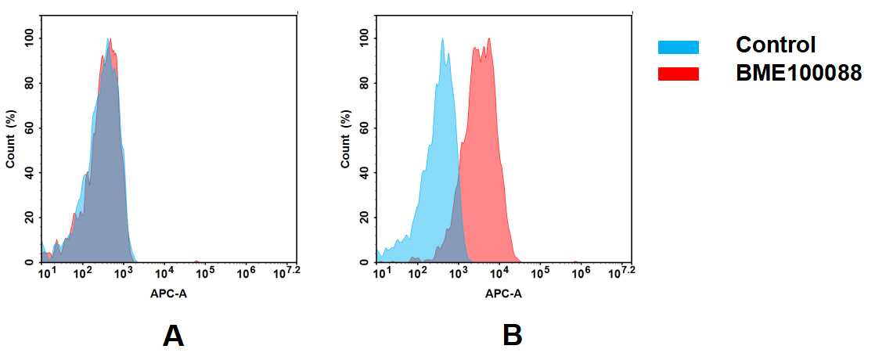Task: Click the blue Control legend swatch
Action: (678, 47)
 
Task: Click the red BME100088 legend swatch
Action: (678, 74)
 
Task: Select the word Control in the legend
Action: (776, 45)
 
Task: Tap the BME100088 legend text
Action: (798, 74)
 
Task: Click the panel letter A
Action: (173, 336)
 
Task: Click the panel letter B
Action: (513, 336)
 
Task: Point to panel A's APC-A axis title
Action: (168, 294)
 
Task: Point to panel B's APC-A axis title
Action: (504, 294)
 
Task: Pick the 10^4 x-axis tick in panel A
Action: (164, 273)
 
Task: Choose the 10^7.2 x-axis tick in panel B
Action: (622, 272)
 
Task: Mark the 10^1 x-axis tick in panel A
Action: (47, 273)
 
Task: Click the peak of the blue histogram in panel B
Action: (442, 39)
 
